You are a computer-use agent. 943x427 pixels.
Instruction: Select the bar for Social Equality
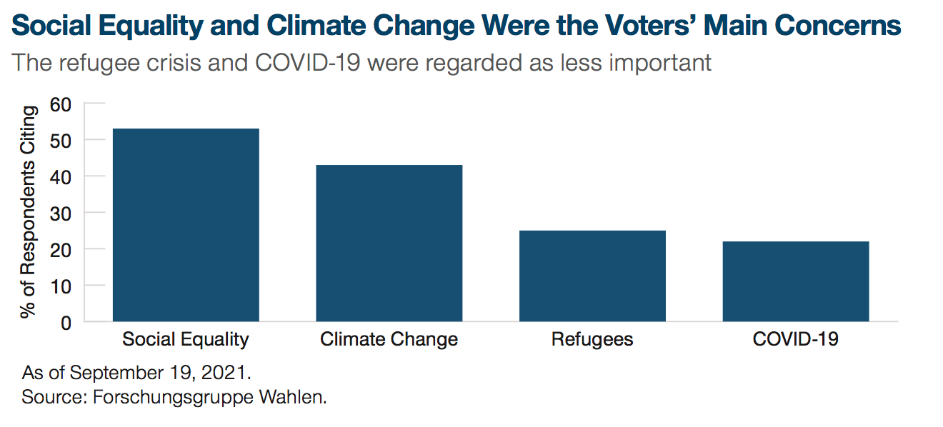[x=186, y=225]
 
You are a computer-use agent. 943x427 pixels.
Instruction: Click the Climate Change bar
[x=389, y=243]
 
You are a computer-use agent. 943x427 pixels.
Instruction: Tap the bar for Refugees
[x=592, y=276]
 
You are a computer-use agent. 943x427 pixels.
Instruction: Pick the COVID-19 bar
[x=796, y=281]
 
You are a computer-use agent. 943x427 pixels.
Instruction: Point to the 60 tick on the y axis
[x=61, y=104]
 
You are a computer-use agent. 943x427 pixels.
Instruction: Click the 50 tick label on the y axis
[x=61, y=141]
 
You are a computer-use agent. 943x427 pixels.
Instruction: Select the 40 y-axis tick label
[x=61, y=176]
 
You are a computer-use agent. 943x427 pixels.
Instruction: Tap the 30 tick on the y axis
[x=61, y=213]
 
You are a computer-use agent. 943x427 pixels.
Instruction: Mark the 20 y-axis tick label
[x=61, y=249]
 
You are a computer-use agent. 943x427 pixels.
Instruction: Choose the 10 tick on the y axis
[x=61, y=286]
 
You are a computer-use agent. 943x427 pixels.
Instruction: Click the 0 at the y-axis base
[x=66, y=322]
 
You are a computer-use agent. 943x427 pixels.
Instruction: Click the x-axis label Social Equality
[x=186, y=339]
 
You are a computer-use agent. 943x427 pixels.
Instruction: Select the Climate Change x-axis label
[x=389, y=339]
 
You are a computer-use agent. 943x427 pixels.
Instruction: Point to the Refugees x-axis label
[x=592, y=339]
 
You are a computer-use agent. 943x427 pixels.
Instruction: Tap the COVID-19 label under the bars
[x=796, y=339]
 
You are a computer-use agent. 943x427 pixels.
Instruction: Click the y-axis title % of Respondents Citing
[x=29, y=212]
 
